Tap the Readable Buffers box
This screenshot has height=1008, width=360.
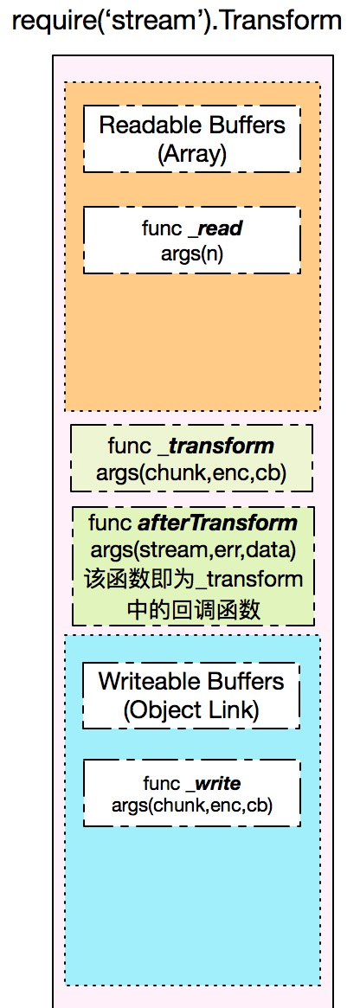tap(192, 138)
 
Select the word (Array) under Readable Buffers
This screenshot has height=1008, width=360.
tap(192, 154)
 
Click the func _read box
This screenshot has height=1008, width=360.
tap(192, 240)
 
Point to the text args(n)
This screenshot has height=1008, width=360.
tap(192, 253)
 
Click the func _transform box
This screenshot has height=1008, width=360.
tap(191, 458)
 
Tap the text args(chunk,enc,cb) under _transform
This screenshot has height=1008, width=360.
tap(191, 473)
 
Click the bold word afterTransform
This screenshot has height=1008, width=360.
tap(218, 523)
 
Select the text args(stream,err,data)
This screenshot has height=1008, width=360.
tap(193, 551)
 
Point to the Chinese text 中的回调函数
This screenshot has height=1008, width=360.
tap(194, 609)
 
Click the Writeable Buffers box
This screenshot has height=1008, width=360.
tap(191, 696)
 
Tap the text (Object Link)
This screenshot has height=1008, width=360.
tap(191, 709)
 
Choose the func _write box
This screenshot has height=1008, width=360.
tap(191, 793)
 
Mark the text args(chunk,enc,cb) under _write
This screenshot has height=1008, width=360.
tap(191, 805)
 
